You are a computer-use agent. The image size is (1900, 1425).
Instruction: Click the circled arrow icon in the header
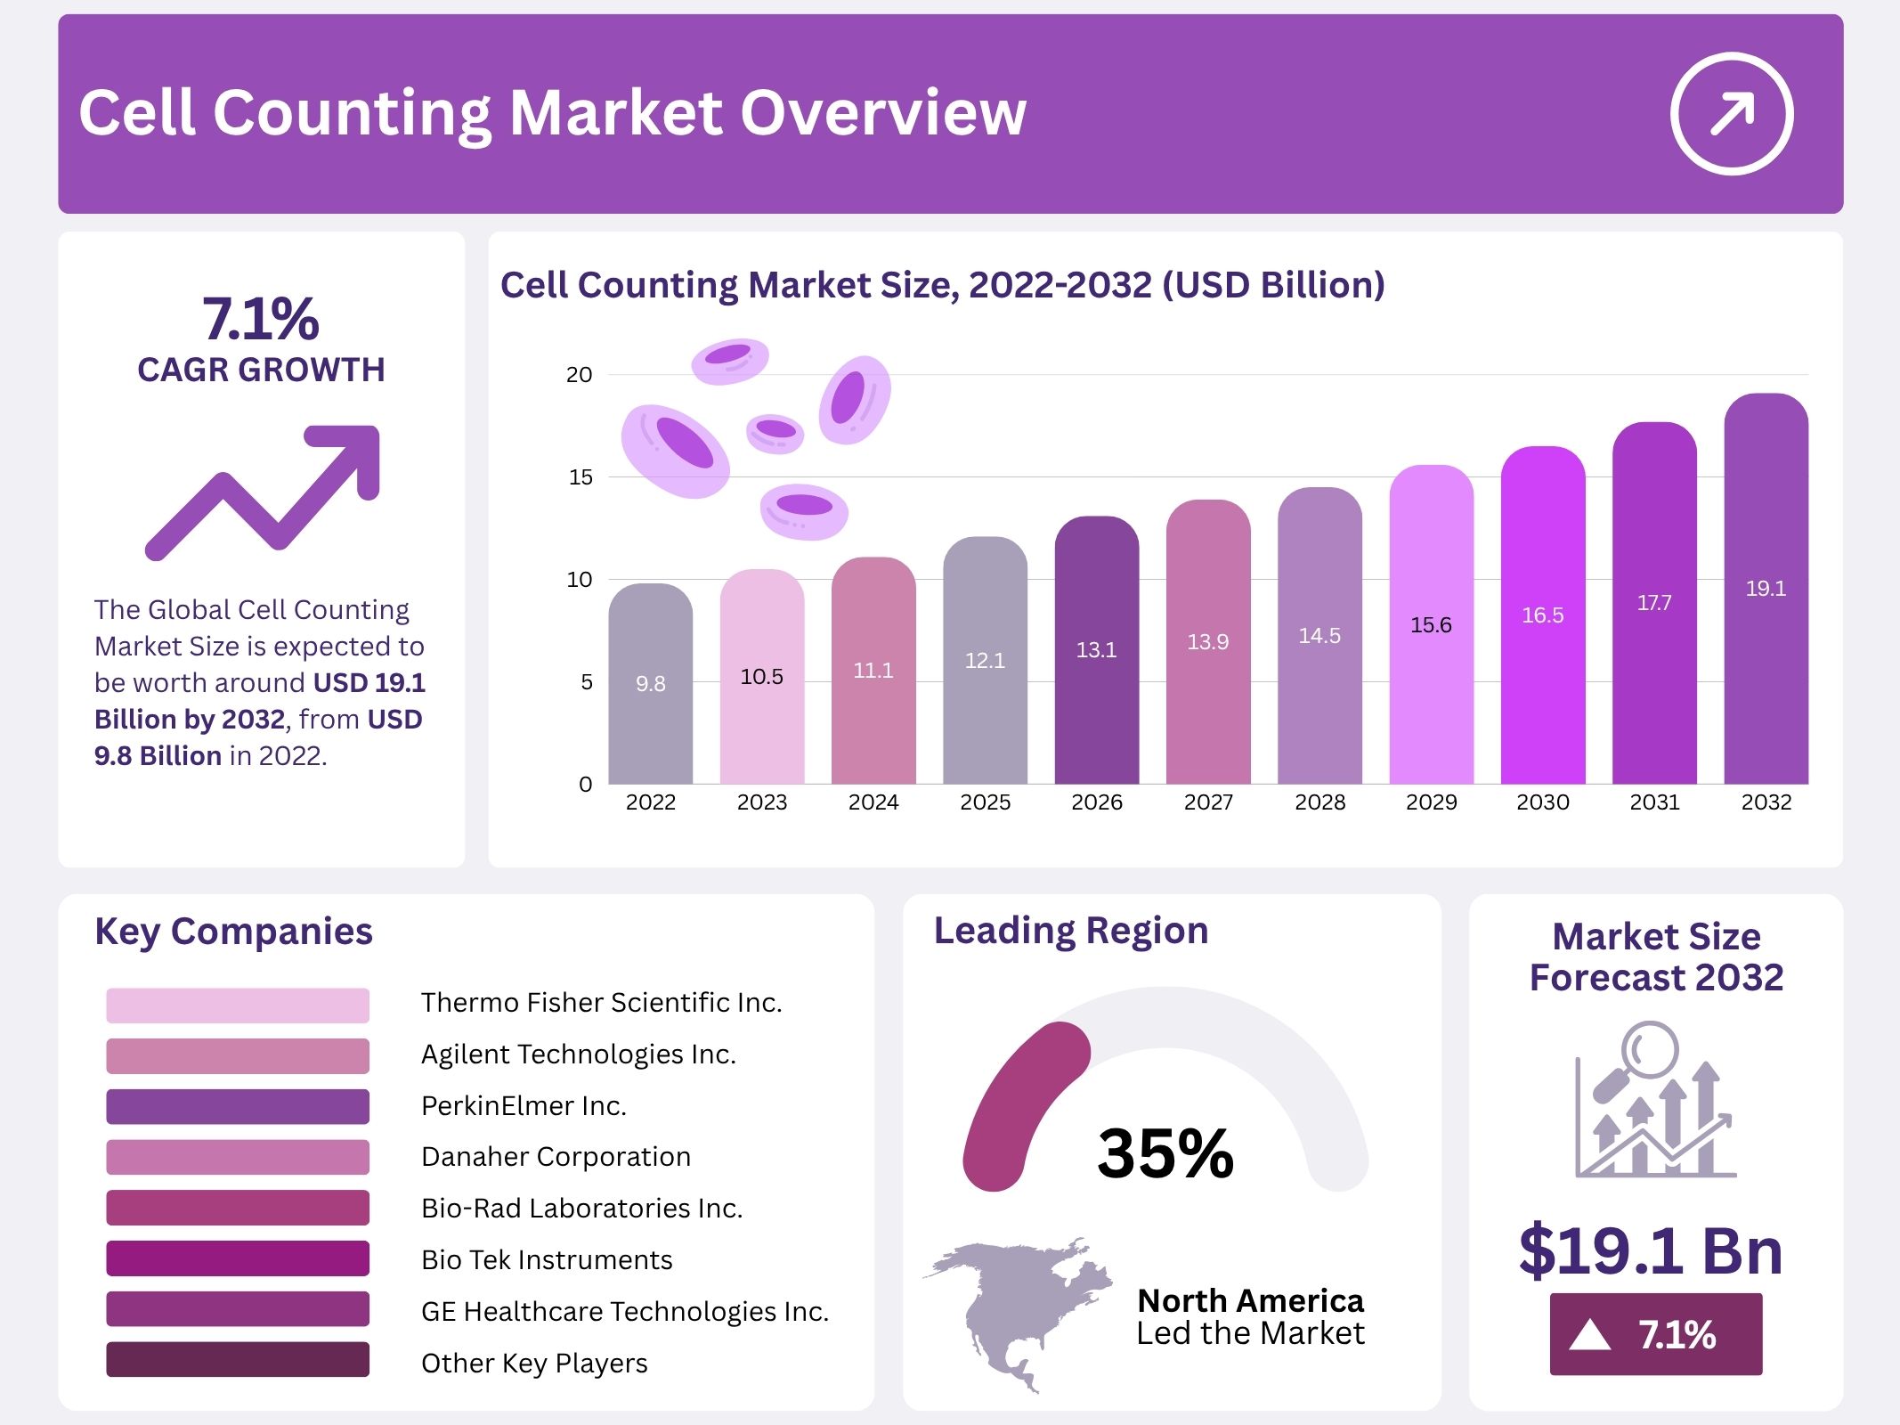[x=1731, y=113]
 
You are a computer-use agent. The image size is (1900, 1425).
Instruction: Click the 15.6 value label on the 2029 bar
[x=1431, y=625]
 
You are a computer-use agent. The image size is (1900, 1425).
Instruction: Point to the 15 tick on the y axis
[x=581, y=477]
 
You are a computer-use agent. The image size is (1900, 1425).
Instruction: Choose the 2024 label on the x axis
[x=873, y=802]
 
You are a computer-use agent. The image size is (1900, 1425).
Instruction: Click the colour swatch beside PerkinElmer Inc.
[x=238, y=1106]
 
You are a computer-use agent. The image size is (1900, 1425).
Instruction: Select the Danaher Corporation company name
[x=556, y=1157]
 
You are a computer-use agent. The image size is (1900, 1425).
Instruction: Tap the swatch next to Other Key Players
[x=238, y=1360]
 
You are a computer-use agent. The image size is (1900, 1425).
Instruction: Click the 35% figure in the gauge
[x=1165, y=1153]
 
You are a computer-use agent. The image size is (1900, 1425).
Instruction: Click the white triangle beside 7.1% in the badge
[x=1589, y=1335]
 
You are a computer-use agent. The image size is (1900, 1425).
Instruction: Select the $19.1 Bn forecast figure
[x=1651, y=1250]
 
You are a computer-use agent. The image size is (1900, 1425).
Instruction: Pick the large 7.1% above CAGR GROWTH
[x=260, y=319]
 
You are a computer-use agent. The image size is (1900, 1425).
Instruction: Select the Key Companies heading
[x=233, y=932]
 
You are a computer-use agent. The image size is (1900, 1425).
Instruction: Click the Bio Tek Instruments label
[x=547, y=1260]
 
